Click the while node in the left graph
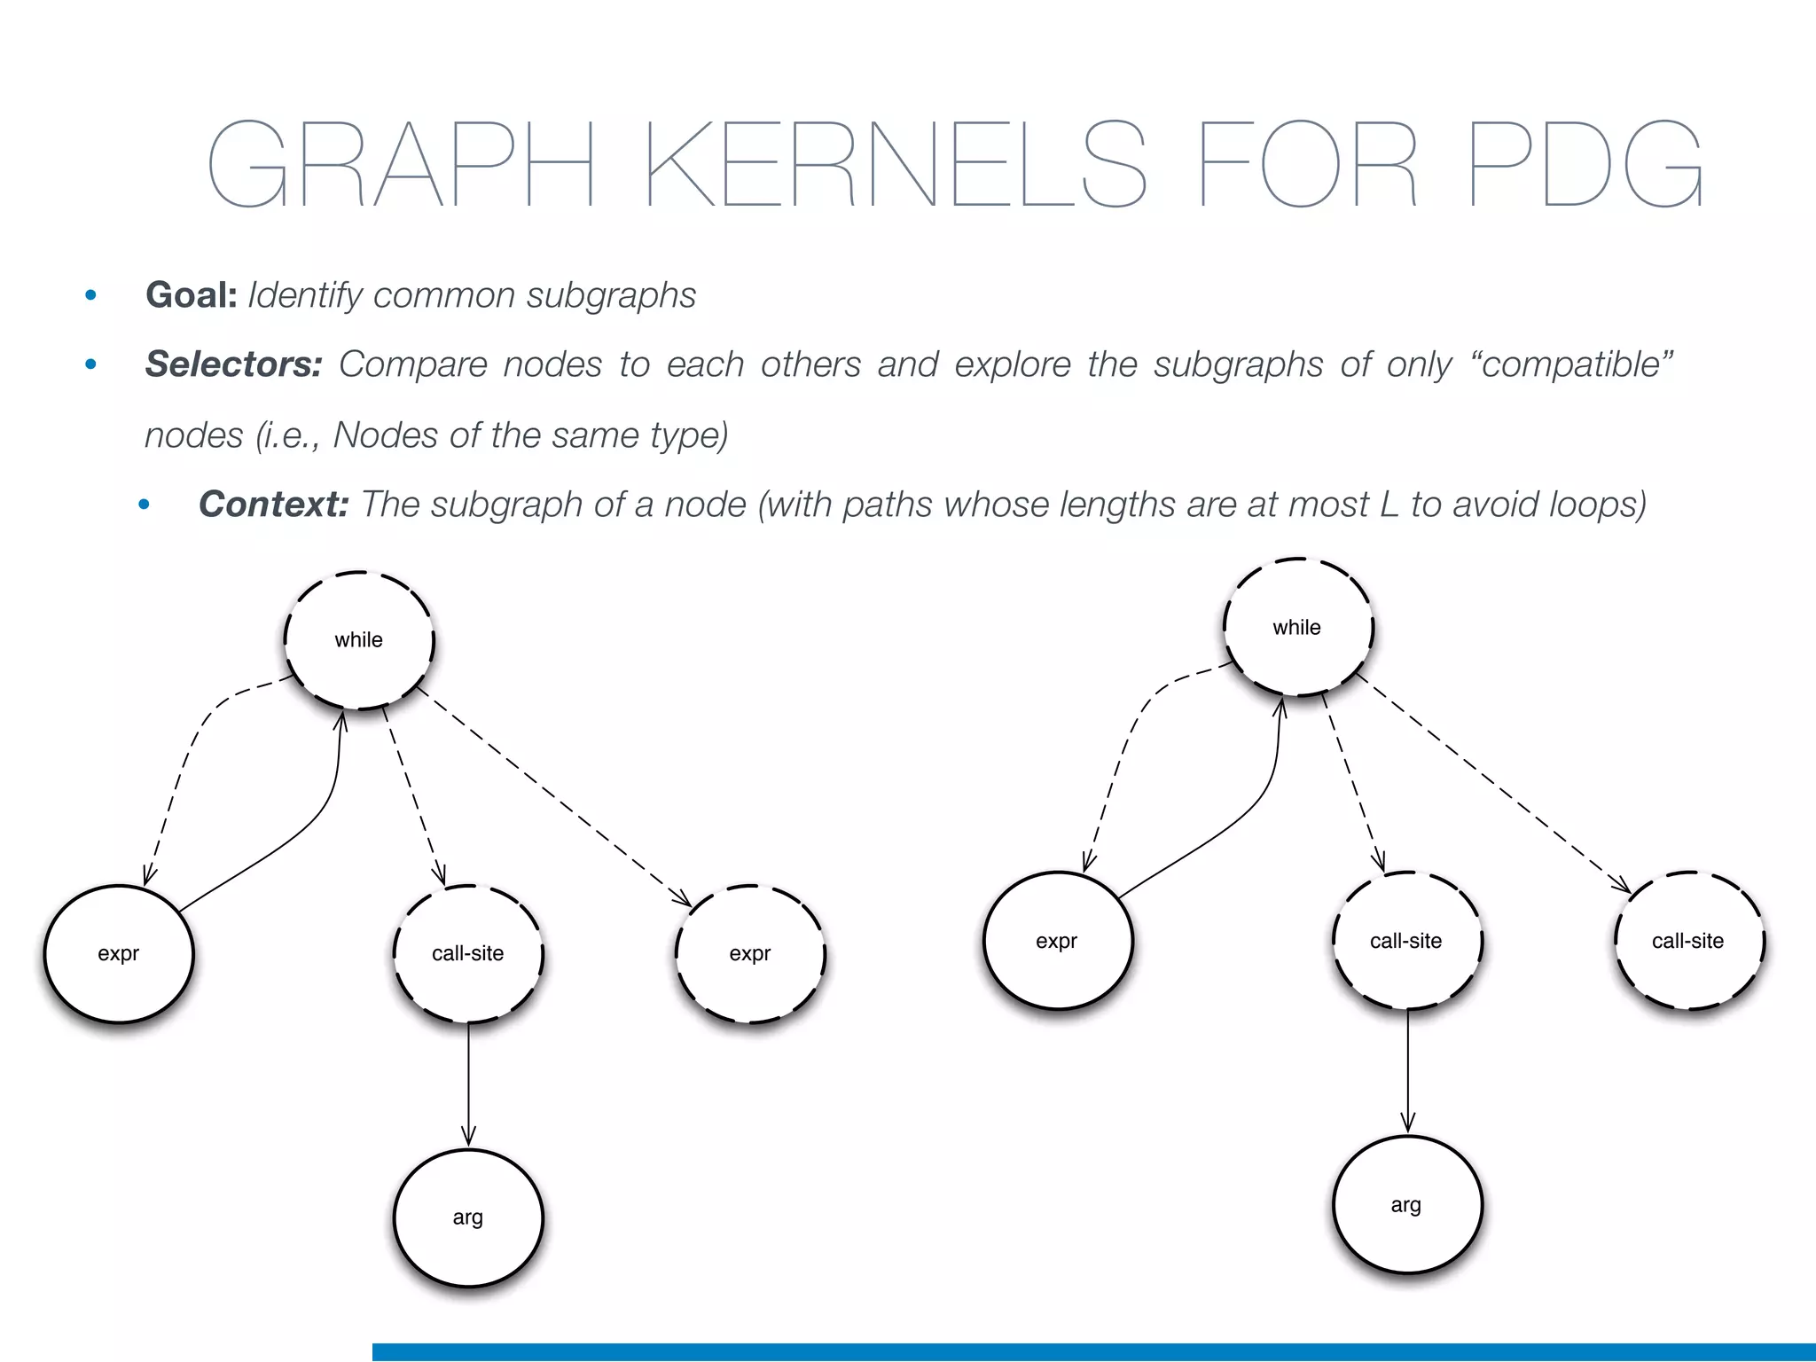pyautogui.click(x=359, y=640)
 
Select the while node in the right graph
pyautogui.click(x=1297, y=628)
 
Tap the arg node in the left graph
pyautogui.click(x=468, y=1217)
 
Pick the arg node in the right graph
pyautogui.click(x=1407, y=1204)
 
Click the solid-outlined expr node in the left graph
pyautogui.click(x=119, y=954)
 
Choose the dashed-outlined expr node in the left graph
pyautogui.click(x=750, y=954)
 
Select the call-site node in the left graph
pyautogui.click(x=468, y=954)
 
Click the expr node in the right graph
pyautogui.click(x=1057, y=941)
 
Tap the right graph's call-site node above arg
pyautogui.click(x=1406, y=941)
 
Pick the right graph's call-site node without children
pyautogui.click(x=1688, y=941)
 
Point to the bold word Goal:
pyautogui.click(x=192, y=295)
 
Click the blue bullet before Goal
pyautogui.click(x=90, y=295)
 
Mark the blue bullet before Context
pyautogui.click(x=144, y=505)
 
